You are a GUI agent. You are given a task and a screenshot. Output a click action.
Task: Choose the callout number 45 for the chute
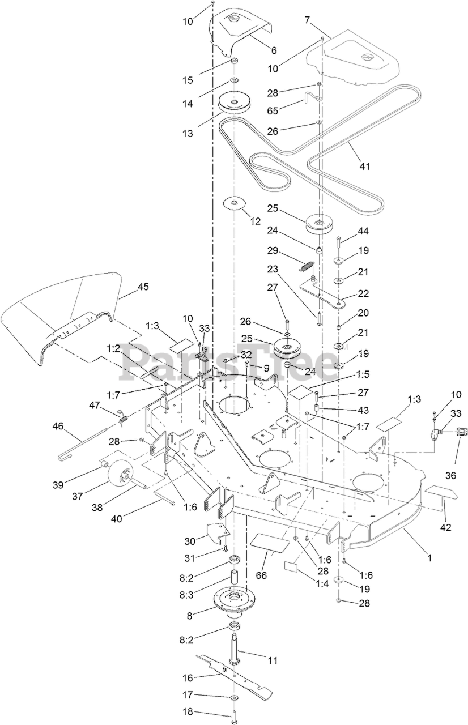143,287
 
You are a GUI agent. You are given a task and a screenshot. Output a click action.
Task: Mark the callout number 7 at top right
307,20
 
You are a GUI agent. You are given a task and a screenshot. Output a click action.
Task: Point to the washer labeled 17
235,697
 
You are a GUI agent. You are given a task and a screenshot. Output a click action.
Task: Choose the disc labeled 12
233,202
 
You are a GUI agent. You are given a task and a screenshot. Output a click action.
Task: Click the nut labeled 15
235,61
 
